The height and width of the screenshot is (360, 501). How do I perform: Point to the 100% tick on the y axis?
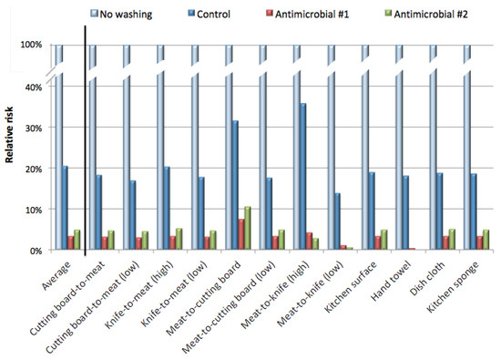pyautogui.click(x=29, y=46)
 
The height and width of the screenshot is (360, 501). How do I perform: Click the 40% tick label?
pyautogui.click(x=32, y=87)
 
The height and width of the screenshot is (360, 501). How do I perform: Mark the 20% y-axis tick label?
pyautogui.click(x=32, y=170)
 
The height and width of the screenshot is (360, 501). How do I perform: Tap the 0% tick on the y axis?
pyautogui.click(x=35, y=251)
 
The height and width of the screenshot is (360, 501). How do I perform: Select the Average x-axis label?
pyautogui.click(x=56, y=273)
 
